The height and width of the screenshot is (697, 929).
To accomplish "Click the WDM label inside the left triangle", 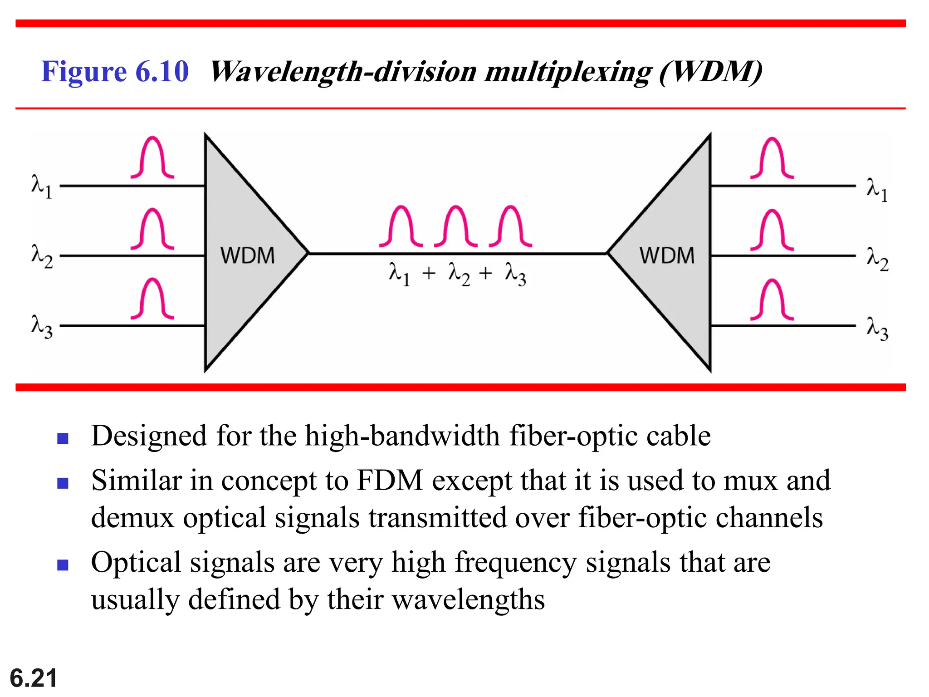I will coord(247,255).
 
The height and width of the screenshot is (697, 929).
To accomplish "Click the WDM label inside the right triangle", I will coord(667,255).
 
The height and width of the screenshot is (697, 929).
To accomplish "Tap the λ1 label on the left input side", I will coord(41,187).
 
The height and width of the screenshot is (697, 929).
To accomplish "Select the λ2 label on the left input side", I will coord(42,256).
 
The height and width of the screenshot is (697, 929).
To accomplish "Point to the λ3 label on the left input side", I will coord(42,326).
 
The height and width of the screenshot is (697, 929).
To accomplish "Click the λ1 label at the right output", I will coord(877,189).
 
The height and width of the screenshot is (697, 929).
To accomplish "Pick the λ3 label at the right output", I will coord(877,328).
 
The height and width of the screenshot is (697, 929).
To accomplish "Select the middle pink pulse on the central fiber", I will coord(455,226).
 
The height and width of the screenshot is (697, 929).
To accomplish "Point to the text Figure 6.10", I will coord(114,71).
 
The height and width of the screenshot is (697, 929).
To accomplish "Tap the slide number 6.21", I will coord(33,678).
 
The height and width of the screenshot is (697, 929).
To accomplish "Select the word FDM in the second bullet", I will coord(390,480).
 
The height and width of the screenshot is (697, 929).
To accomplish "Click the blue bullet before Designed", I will coord(63,438).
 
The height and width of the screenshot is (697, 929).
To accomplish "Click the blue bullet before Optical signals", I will coord(63,565).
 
